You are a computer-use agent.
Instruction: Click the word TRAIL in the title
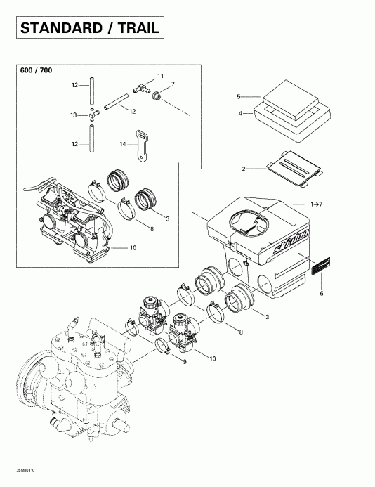[x=138, y=28]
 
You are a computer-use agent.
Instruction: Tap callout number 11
[x=160, y=76]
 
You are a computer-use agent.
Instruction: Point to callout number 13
[x=73, y=115]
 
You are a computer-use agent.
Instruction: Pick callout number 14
[x=123, y=143]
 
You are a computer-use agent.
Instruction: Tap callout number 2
[x=244, y=169]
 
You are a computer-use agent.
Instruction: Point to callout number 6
[x=323, y=292]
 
